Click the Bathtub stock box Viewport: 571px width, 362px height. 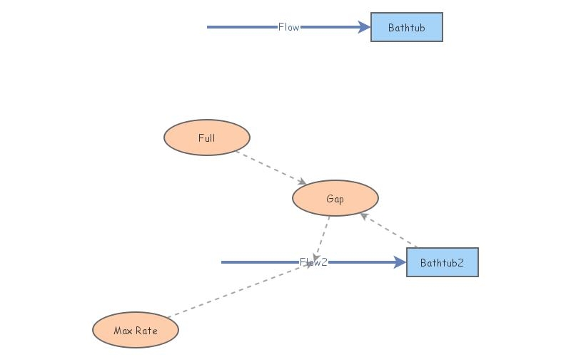tap(407, 27)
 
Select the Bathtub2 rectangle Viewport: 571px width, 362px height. tap(442, 262)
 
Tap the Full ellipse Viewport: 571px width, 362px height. tap(207, 138)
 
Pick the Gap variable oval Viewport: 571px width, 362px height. tap(335, 198)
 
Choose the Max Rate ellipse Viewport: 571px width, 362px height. tap(136, 330)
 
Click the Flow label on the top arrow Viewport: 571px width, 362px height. tap(288, 27)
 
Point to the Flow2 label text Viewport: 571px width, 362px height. tap(313, 262)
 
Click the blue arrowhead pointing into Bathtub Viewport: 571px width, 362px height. tap(364, 27)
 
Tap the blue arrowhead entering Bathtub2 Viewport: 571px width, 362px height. tap(400, 262)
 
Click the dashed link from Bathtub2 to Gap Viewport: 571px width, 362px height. tap(389, 231)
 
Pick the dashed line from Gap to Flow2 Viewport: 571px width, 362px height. tap(322, 235)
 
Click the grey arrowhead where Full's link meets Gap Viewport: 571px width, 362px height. tap(303, 182)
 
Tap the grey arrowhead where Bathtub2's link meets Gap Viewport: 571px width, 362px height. tap(363, 215)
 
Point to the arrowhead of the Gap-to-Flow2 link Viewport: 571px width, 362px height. tap(315, 257)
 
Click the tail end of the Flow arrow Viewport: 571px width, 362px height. tap(209, 27)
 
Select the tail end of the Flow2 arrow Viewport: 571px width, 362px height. tap(223, 262)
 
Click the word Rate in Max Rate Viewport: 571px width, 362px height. tap(146, 330)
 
